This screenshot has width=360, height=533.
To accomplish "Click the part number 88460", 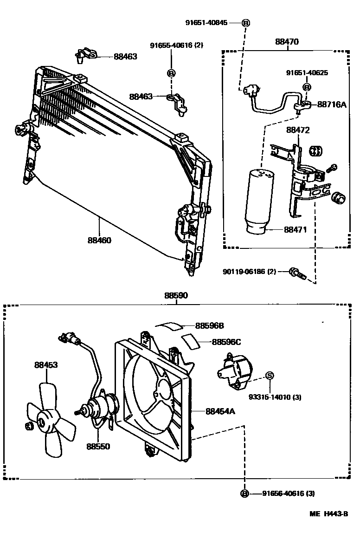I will [x=99, y=240].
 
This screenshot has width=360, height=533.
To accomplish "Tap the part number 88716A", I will [x=332, y=105].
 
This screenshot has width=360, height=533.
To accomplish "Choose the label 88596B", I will [x=209, y=325].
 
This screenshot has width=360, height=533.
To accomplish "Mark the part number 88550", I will [x=98, y=446].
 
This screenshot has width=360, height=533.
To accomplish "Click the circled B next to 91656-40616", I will [x=244, y=494].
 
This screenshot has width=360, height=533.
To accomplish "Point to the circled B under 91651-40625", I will [x=307, y=87].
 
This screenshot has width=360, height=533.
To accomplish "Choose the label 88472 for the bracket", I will [x=297, y=130].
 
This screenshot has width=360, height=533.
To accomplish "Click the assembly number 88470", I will [x=287, y=41].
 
